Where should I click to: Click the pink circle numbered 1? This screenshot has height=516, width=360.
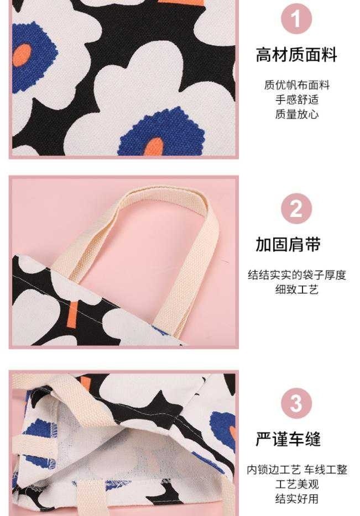click(296, 19)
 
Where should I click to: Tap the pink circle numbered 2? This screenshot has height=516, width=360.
click(296, 209)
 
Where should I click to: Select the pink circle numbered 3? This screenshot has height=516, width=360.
click(296, 403)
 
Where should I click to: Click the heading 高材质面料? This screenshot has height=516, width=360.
click(296, 55)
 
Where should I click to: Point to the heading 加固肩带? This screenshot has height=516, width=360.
click(288, 245)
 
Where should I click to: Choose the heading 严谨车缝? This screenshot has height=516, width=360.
click(288, 439)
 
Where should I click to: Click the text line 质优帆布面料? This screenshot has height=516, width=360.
click(297, 85)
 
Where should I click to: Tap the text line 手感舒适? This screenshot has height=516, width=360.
click(297, 99)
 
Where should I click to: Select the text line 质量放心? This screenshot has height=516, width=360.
click(297, 114)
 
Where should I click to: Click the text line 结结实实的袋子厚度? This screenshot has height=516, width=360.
click(297, 275)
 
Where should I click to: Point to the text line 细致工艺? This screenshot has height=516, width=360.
click(297, 289)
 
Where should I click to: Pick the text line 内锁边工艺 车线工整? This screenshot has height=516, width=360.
click(297, 470)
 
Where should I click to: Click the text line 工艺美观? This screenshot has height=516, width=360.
click(297, 484)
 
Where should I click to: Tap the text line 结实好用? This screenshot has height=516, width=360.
click(297, 498)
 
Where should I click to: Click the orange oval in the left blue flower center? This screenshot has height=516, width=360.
click(22, 55)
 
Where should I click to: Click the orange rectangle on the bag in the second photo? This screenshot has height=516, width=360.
click(73, 314)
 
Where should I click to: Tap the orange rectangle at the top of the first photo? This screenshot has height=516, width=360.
click(181, 3)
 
